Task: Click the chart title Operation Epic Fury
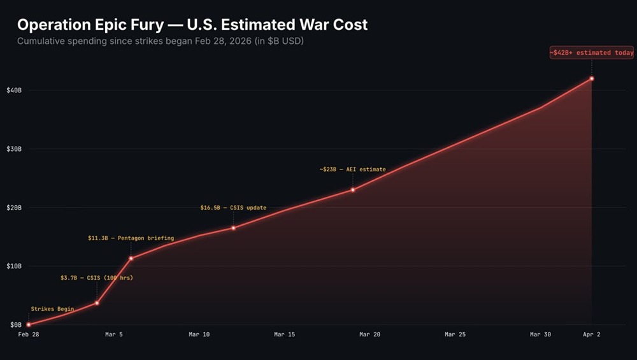pos(192,25)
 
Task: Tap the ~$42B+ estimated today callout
pos(592,53)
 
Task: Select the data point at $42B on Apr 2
pos(592,78)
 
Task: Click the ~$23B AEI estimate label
pos(352,169)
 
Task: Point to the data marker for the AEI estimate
pos(353,190)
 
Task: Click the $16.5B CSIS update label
pos(233,208)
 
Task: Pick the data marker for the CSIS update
pos(233,227)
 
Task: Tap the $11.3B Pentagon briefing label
pos(131,238)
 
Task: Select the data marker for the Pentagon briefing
pos(131,258)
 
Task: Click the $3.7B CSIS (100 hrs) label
pos(97,278)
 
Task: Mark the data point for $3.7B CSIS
pos(97,303)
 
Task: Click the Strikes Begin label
pos(52,309)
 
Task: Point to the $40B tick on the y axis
pos(13,90)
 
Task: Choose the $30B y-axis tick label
pos(13,149)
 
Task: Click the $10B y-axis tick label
pos(13,266)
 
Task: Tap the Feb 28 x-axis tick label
pos(28,335)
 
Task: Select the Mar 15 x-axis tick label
pos(284,335)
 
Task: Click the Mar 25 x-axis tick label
pos(455,335)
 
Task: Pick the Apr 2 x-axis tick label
pos(592,335)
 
